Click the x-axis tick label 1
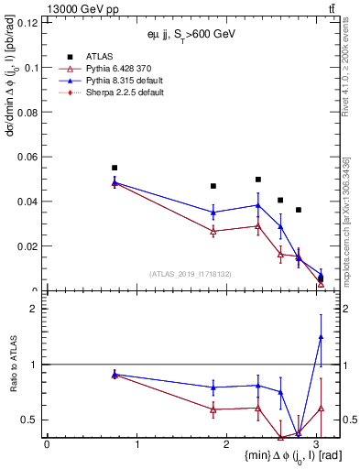pos(136,444)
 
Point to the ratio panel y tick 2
pos(33,309)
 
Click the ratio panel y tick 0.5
pos(29,420)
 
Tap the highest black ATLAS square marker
pos(115,168)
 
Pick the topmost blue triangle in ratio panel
pos(321,337)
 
